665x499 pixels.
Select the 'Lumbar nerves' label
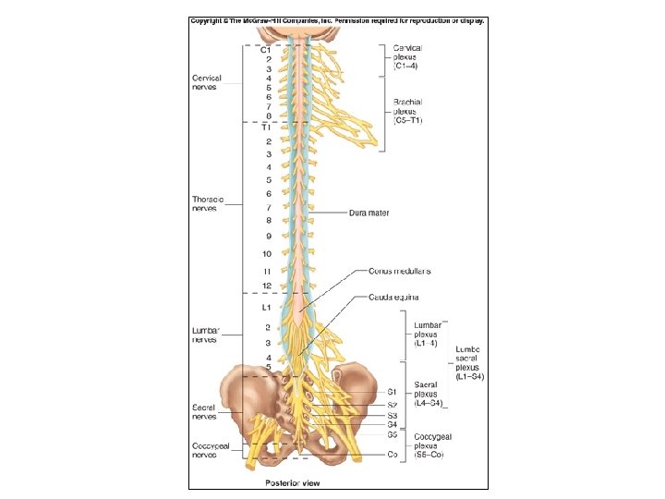(x=205, y=334)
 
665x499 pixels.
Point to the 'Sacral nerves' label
(x=205, y=410)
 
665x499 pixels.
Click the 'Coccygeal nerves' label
(x=207, y=449)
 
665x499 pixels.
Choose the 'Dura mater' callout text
(x=369, y=213)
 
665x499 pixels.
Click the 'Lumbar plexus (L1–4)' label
(x=427, y=332)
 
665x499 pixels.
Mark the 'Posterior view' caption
(x=292, y=482)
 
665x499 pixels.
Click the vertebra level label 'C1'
(x=265, y=49)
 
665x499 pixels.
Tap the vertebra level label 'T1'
(x=265, y=127)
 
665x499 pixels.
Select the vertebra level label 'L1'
(x=266, y=306)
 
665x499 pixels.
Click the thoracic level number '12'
(x=267, y=285)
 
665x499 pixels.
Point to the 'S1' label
(x=393, y=392)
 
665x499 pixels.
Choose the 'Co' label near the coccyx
(x=393, y=455)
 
